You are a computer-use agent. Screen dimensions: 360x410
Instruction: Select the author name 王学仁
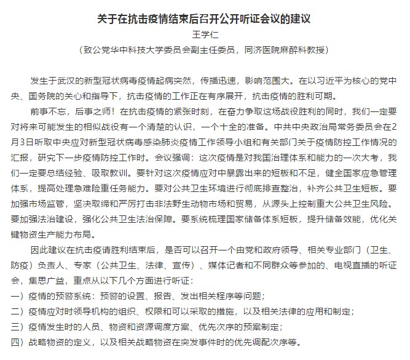coord(205,34)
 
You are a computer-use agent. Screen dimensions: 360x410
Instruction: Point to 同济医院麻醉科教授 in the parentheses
coord(298,50)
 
